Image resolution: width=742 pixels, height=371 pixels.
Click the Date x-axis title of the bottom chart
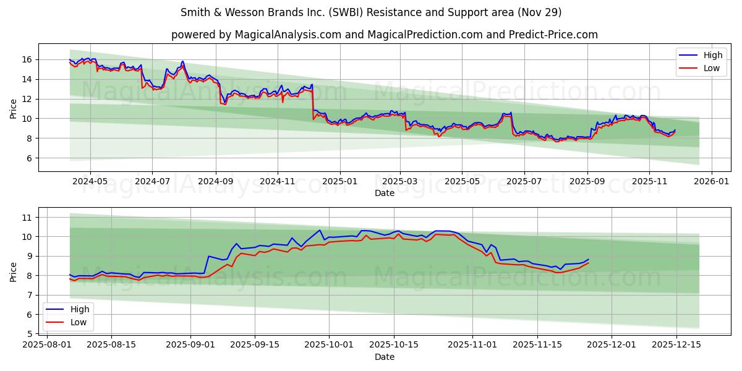coord(385,357)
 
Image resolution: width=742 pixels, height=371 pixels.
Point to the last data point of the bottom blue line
coord(589,259)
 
